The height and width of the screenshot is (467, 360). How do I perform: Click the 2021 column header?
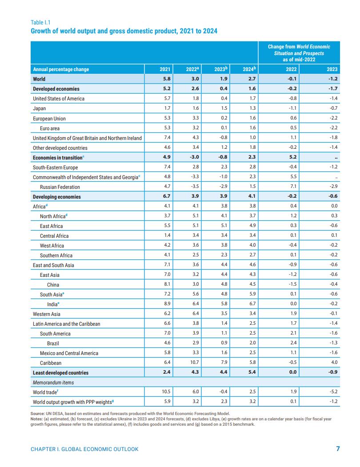165,69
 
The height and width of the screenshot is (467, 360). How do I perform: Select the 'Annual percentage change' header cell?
61,69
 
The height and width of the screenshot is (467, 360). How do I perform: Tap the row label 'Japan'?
39,108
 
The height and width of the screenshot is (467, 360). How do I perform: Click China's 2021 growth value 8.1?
167,285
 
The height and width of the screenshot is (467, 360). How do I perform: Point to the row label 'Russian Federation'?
60,187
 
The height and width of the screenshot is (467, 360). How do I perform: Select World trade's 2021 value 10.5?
166,392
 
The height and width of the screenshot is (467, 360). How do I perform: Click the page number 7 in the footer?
338,449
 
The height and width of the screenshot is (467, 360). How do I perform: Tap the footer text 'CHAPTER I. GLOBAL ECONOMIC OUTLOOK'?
84,449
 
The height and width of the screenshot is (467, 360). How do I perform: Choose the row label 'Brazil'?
53,343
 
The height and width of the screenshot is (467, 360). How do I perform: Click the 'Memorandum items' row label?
53,383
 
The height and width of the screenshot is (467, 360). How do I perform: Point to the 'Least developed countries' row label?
60,373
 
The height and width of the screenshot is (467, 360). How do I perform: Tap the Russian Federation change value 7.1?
293,187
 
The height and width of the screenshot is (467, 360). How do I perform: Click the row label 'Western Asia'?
46,314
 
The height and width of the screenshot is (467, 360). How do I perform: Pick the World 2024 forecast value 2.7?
252,79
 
